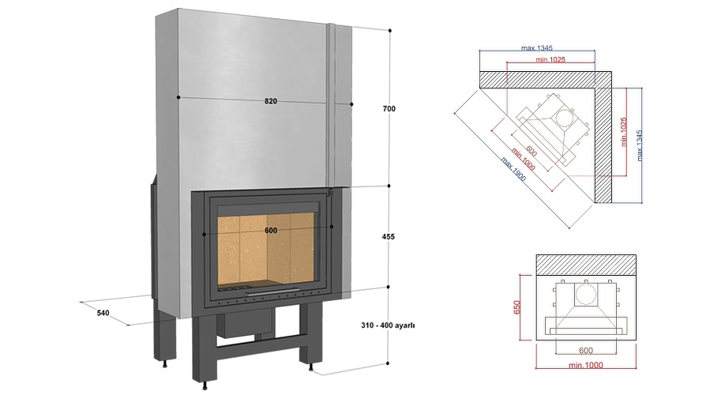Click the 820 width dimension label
coord(271,101)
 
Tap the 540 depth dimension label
coord(102,313)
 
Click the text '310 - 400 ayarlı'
coord(388,325)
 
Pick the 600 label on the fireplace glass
coord(271,230)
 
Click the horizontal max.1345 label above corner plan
coord(536,48)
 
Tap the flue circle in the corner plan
coord(564,118)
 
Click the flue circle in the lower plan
coord(585,295)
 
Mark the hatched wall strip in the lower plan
coord(586,264)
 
